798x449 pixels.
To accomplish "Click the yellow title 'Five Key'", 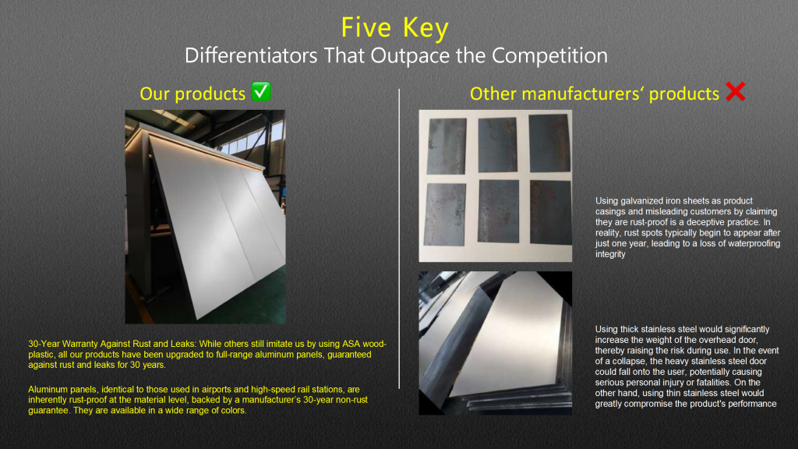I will point(395,27).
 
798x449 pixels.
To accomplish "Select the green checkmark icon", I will point(262,93).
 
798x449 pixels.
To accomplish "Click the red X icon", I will point(735,93).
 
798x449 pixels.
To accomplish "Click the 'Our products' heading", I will point(192,94).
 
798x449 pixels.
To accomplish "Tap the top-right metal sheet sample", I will point(549,142).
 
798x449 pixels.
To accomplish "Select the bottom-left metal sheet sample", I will point(445,213).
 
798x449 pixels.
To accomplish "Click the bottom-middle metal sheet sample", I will point(498,211).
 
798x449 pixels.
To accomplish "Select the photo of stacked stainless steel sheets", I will point(495,342).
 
